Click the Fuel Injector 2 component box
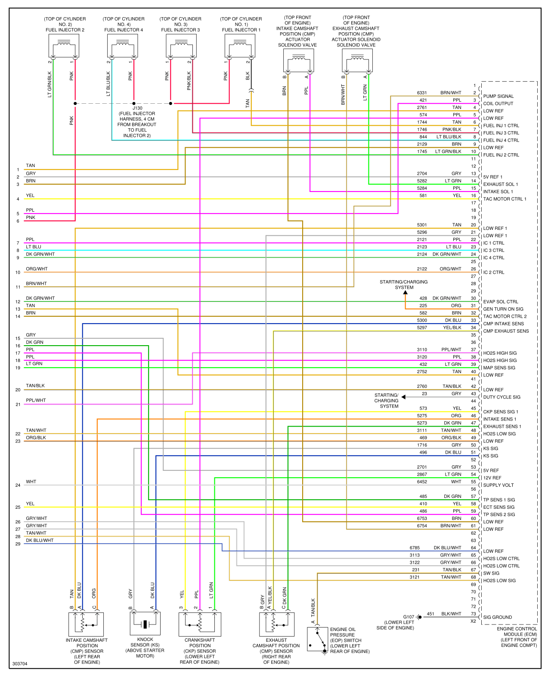[64, 46]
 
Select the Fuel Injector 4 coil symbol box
[122, 46]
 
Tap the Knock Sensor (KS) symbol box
[145, 623]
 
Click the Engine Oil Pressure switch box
[317, 639]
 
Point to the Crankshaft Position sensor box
[200, 624]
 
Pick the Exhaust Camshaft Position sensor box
[276, 624]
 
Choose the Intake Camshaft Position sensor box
[86, 624]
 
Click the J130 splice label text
[137, 108]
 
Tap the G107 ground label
[409, 617]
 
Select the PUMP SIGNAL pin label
[498, 96]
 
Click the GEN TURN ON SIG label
[503, 309]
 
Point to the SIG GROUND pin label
[497, 617]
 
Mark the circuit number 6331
[422, 93]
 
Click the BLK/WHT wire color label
[451, 614]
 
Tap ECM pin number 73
[473, 614]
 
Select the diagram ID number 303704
[20, 664]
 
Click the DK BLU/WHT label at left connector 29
[40, 540]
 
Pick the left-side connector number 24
[18, 485]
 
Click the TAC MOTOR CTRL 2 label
[505, 316]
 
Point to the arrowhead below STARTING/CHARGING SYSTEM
[405, 292]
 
